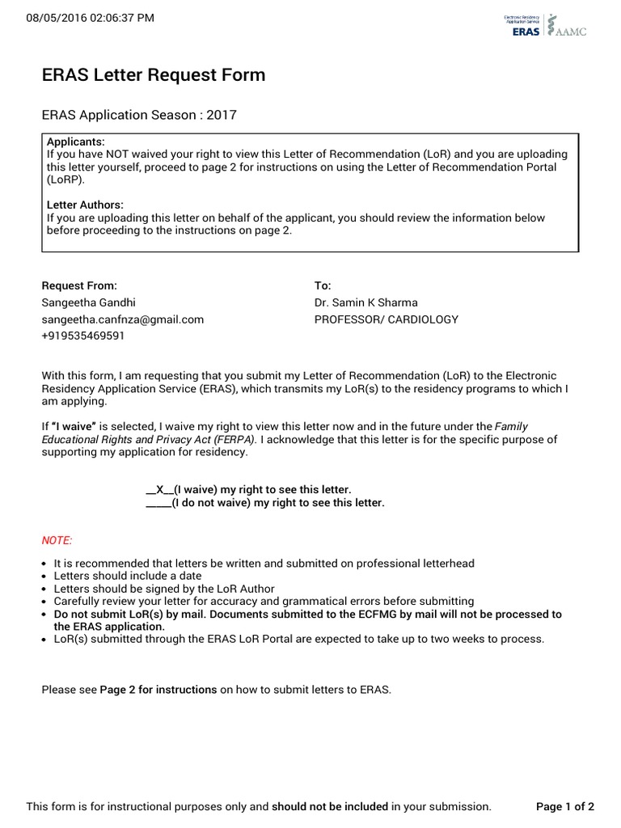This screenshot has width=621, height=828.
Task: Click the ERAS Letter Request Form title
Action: pyautogui.click(x=154, y=75)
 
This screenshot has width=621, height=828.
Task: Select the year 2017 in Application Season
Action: pyautogui.click(x=222, y=115)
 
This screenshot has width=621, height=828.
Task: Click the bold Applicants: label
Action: pyautogui.click(x=76, y=142)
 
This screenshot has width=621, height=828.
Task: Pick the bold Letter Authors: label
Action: pyautogui.click(x=85, y=205)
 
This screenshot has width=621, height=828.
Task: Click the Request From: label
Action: pyautogui.click(x=79, y=285)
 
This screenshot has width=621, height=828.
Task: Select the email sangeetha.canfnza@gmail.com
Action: pyautogui.click(x=123, y=319)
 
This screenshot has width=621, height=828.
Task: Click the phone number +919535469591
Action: pyautogui.click(x=83, y=336)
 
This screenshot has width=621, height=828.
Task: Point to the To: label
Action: pyautogui.click(x=323, y=285)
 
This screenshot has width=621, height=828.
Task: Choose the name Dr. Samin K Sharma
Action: pyautogui.click(x=366, y=302)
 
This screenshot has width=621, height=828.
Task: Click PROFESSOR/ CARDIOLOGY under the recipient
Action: pyautogui.click(x=386, y=319)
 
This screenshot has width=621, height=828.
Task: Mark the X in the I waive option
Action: pyautogui.click(x=159, y=490)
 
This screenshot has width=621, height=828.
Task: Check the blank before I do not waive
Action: pyautogui.click(x=158, y=503)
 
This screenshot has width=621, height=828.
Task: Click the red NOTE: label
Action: pyautogui.click(x=57, y=539)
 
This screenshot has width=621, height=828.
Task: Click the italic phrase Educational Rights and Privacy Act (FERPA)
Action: pyautogui.click(x=149, y=440)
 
